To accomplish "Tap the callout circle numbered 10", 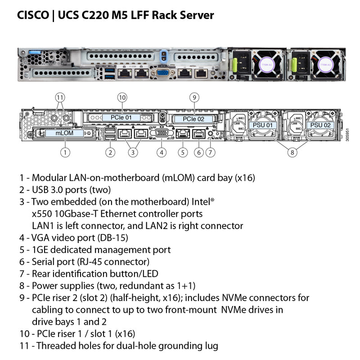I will (x=122, y=97).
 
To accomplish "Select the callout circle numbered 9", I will (x=194, y=97).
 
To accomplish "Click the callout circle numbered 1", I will (x=66, y=152).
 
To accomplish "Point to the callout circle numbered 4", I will (x=162, y=152).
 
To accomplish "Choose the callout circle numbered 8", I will (x=292, y=152).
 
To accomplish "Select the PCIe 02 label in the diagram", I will (x=193, y=119).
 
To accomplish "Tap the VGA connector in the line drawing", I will (x=162, y=133).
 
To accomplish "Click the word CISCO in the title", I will (x=32, y=15).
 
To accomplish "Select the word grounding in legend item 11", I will (x=175, y=346).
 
